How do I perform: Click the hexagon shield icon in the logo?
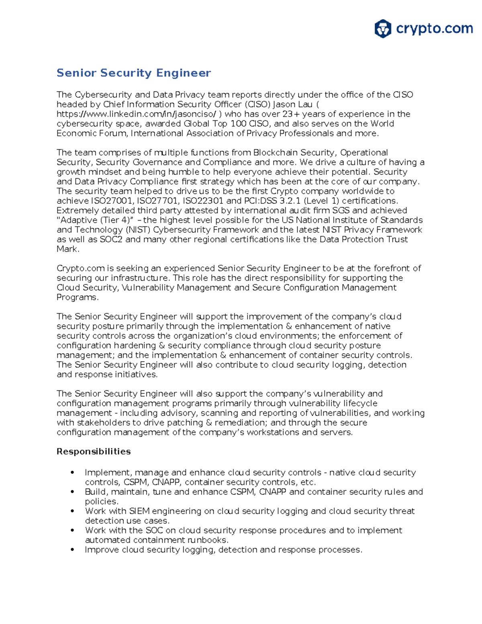tap(382, 29)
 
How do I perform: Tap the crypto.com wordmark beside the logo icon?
tap(434, 29)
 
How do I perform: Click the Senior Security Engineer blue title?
tap(133, 73)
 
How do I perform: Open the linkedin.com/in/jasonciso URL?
tap(137, 114)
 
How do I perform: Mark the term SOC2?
tap(111, 239)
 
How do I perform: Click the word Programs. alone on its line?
tap(77, 297)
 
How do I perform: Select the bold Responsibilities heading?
tap(94, 452)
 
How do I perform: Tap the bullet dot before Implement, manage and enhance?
tap(72, 473)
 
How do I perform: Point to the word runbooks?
tap(208, 540)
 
